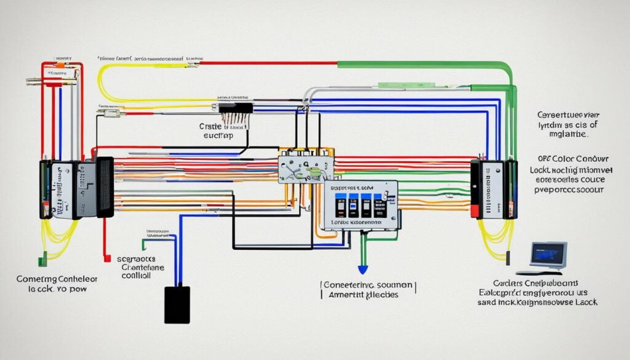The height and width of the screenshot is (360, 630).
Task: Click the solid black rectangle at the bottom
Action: tap(177, 305)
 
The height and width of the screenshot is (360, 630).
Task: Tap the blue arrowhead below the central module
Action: tap(363, 269)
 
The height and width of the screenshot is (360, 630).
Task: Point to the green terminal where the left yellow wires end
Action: tap(42, 262)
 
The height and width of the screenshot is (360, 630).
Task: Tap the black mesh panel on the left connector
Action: tap(105, 186)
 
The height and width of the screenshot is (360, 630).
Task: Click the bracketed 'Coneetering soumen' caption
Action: tap(368, 286)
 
